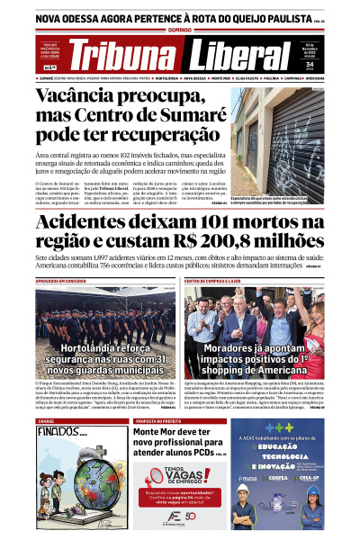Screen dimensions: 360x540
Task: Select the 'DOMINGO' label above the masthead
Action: pyautogui.click(x=180, y=30)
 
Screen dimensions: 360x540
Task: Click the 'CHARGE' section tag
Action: pyautogui.click(x=46, y=420)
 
